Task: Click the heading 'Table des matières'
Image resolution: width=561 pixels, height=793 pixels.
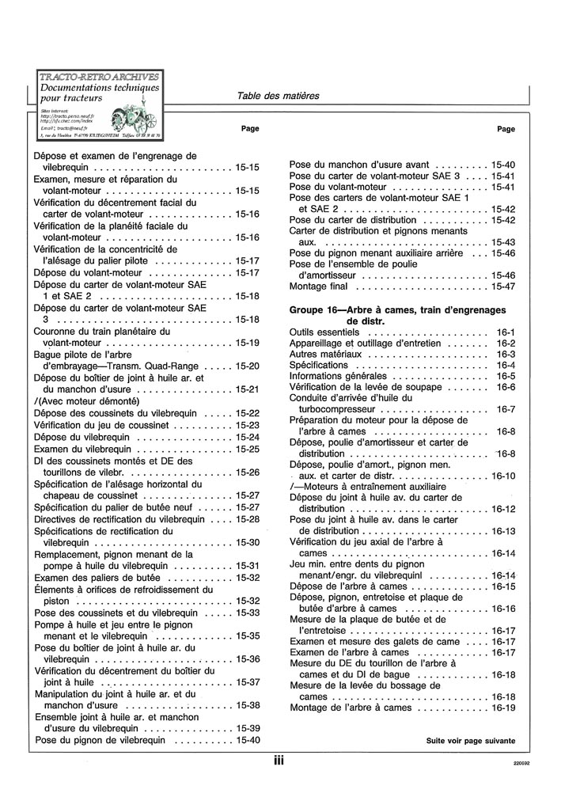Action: (x=278, y=96)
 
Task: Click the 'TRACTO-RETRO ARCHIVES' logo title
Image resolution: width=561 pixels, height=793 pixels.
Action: (x=99, y=76)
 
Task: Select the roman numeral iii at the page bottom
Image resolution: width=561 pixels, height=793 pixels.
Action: (x=279, y=761)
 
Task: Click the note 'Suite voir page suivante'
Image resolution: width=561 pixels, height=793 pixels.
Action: (x=471, y=742)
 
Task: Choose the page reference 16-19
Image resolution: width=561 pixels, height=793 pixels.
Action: (x=503, y=708)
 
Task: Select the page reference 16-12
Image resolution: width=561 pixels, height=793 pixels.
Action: (x=503, y=509)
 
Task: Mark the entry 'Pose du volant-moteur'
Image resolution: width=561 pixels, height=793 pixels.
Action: (x=341, y=187)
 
